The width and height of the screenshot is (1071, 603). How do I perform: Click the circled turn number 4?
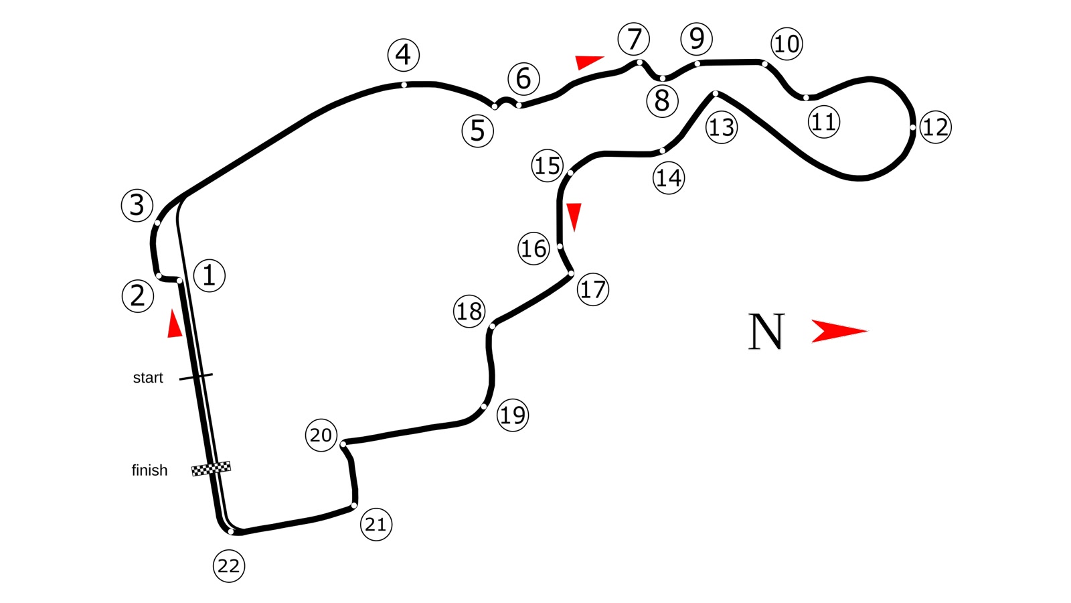[x=404, y=54]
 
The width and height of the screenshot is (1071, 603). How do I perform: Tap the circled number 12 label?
[x=935, y=127]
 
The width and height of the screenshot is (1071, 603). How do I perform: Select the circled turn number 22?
[x=228, y=566]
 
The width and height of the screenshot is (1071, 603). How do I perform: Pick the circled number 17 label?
[x=593, y=289]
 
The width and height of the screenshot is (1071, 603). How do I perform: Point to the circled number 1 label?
[x=209, y=275]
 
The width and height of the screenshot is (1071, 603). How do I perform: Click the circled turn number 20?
[x=321, y=435]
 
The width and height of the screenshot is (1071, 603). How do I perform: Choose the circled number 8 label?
[x=662, y=101]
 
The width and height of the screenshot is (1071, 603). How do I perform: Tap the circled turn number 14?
[x=669, y=178]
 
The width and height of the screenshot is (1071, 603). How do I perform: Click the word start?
[x=148, y=378]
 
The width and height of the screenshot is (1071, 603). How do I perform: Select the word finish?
[x=149, y=470]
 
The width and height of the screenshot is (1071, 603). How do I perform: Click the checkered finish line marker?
[x=211, y=468]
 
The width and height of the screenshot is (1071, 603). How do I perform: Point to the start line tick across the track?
[x=196, y=377]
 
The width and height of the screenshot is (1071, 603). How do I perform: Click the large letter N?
[x=766, y=331]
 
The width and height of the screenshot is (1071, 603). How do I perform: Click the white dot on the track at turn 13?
[x=716, y=93]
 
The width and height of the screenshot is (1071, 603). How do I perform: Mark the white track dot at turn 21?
[x=354, y=505]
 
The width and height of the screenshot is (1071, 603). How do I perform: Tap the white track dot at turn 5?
[x=495, y=107]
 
